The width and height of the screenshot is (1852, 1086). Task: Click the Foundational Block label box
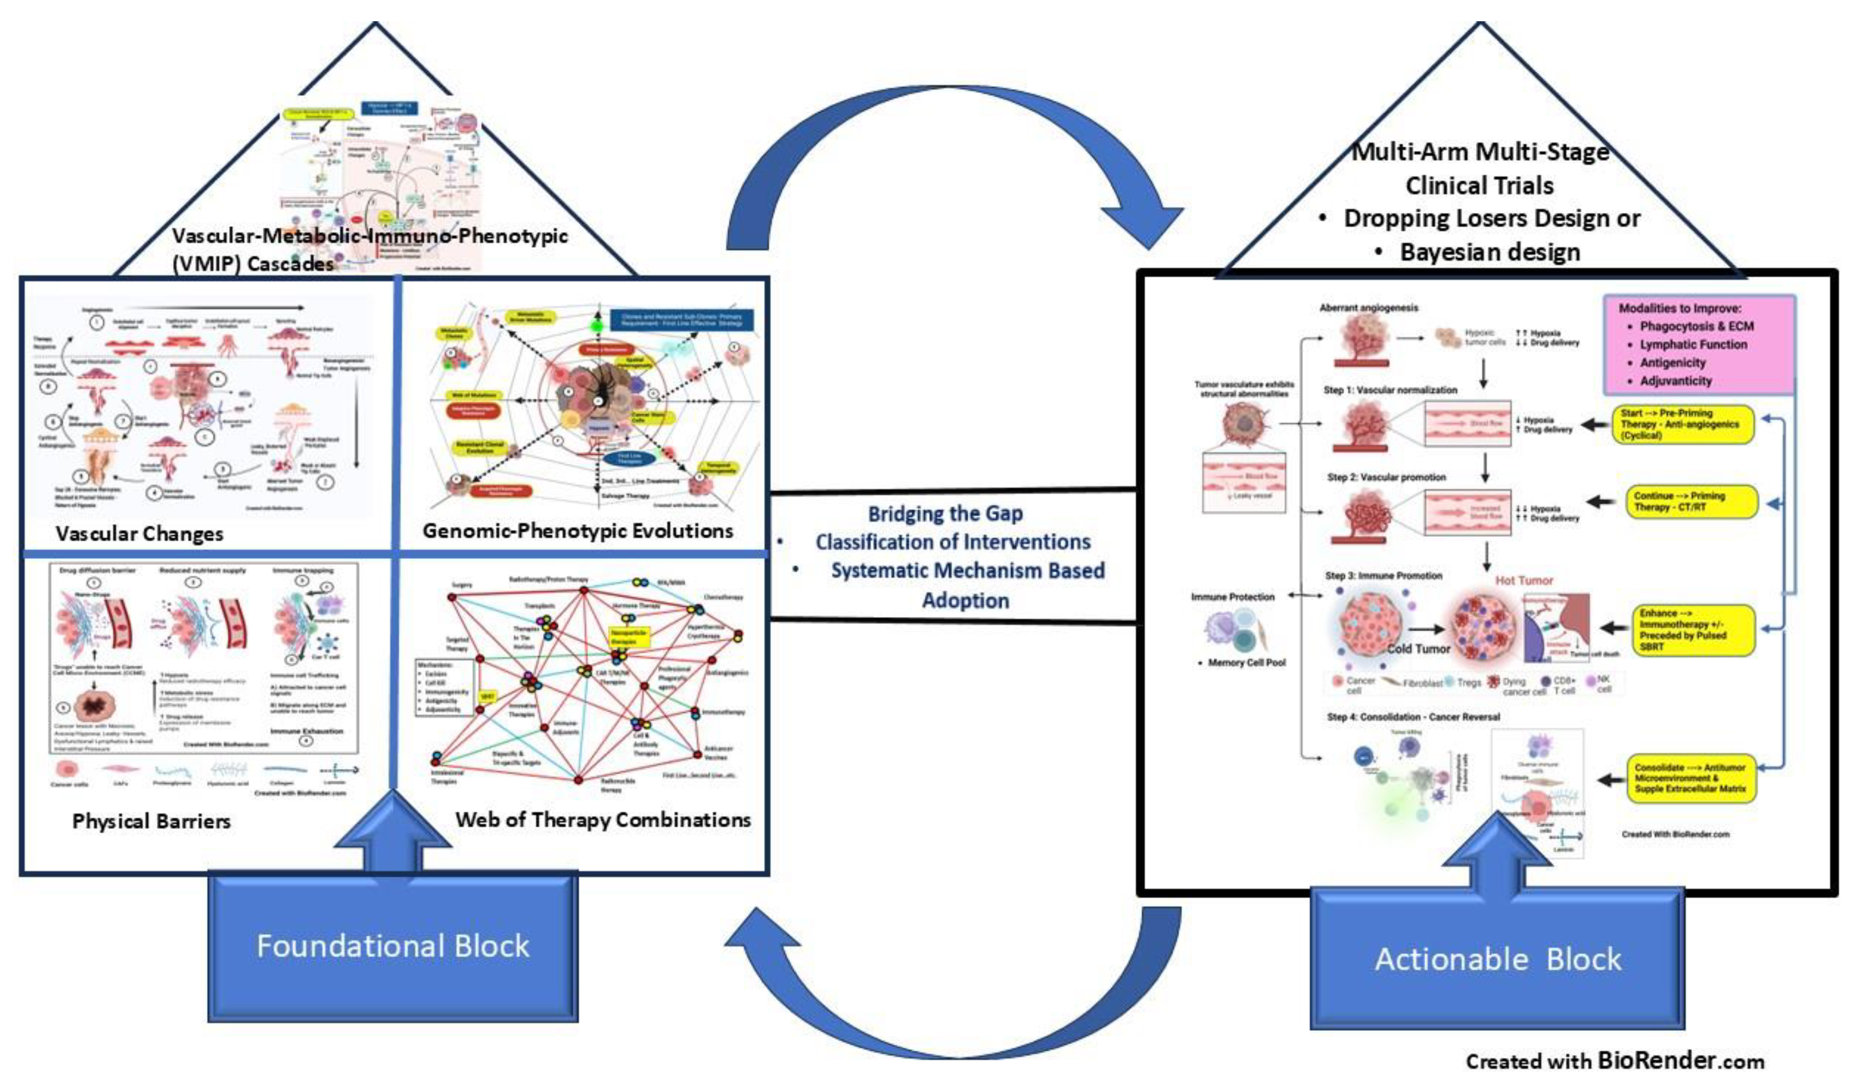point(392,946)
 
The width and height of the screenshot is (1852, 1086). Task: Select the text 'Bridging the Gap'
point(945,513)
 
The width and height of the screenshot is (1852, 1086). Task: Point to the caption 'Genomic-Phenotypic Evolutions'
point(577,531)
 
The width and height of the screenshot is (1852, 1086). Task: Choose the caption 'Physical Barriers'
point(151,821)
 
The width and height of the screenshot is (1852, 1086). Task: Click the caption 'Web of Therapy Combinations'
point(602,820)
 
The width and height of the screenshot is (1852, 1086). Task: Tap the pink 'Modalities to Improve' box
point(1699,345)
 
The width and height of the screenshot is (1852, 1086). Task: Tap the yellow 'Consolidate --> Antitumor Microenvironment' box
point(1690,778)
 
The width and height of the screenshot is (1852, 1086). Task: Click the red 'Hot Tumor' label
point(1524,581)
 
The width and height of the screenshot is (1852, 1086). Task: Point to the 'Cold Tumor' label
point(1418,649)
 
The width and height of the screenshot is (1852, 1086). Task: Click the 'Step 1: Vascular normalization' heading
point(1390,391)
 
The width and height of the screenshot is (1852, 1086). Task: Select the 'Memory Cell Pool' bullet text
point(1246,662)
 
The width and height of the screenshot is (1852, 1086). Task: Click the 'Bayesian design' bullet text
point(1489,252)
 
